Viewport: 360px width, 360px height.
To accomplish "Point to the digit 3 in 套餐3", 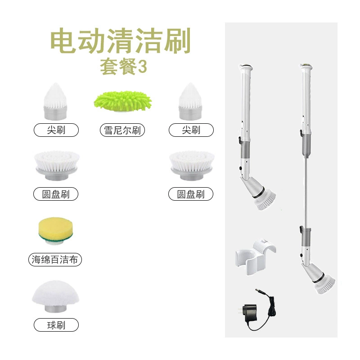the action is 142,67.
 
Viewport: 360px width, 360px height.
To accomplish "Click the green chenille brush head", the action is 122,101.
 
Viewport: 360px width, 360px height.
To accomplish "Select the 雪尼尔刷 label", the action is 122,130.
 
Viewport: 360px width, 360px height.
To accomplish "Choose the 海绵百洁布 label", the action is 55,260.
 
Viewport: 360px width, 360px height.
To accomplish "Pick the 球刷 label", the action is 56,325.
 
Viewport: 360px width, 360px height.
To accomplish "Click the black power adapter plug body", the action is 250,313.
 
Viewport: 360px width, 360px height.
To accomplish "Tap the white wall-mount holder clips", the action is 255,257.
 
